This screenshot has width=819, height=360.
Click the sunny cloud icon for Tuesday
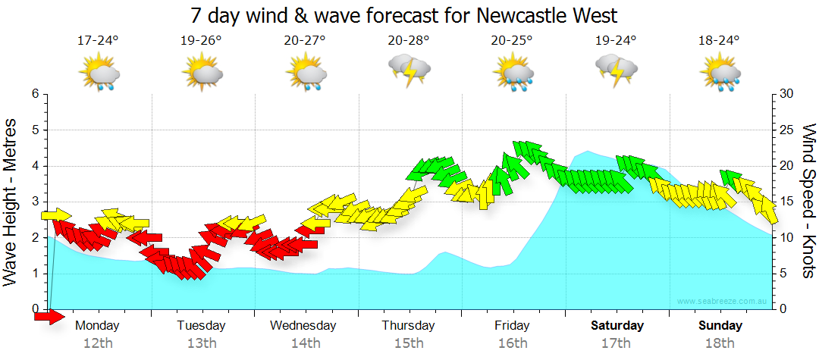click(202, 74)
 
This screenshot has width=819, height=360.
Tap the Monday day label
click(97, 326)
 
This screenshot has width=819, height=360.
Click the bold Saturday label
click(617, 326)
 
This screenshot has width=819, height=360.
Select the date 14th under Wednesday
click(305, 343)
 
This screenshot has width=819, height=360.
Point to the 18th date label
click(720, 343)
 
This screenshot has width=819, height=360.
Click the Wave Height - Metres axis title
click(11, 202)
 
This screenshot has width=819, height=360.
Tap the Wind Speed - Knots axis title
click(808, 201)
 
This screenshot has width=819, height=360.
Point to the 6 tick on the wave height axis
click(35, 94)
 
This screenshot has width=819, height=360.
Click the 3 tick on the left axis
click(35, 202)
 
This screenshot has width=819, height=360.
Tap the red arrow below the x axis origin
click(49, 317)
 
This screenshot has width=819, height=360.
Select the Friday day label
click(512, 326)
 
